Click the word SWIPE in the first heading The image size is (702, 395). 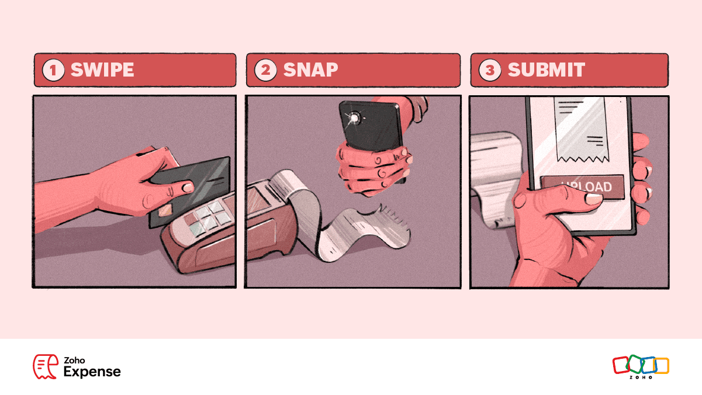(102, 70)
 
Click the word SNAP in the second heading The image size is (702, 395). (310, 70)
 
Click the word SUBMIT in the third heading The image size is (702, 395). (546, 70)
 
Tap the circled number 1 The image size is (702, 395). (55, 71)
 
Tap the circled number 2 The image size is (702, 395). (267, 71)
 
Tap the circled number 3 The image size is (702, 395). (490, 71)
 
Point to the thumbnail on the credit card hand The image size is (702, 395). (186, 188)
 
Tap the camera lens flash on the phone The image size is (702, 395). (353, 119)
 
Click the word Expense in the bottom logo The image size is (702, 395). (92, 372)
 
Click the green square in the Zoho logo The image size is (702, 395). (634, 364)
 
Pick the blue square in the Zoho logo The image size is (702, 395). (648, 365)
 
